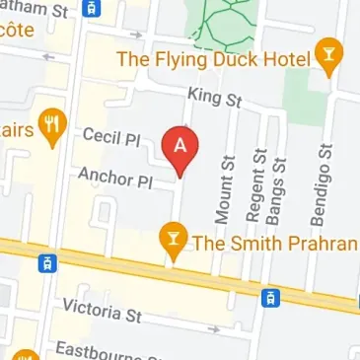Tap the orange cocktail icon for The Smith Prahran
point(174,241)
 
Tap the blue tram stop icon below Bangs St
point(269,296)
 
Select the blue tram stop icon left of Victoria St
point(45,262)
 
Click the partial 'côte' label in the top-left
point(17,30)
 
